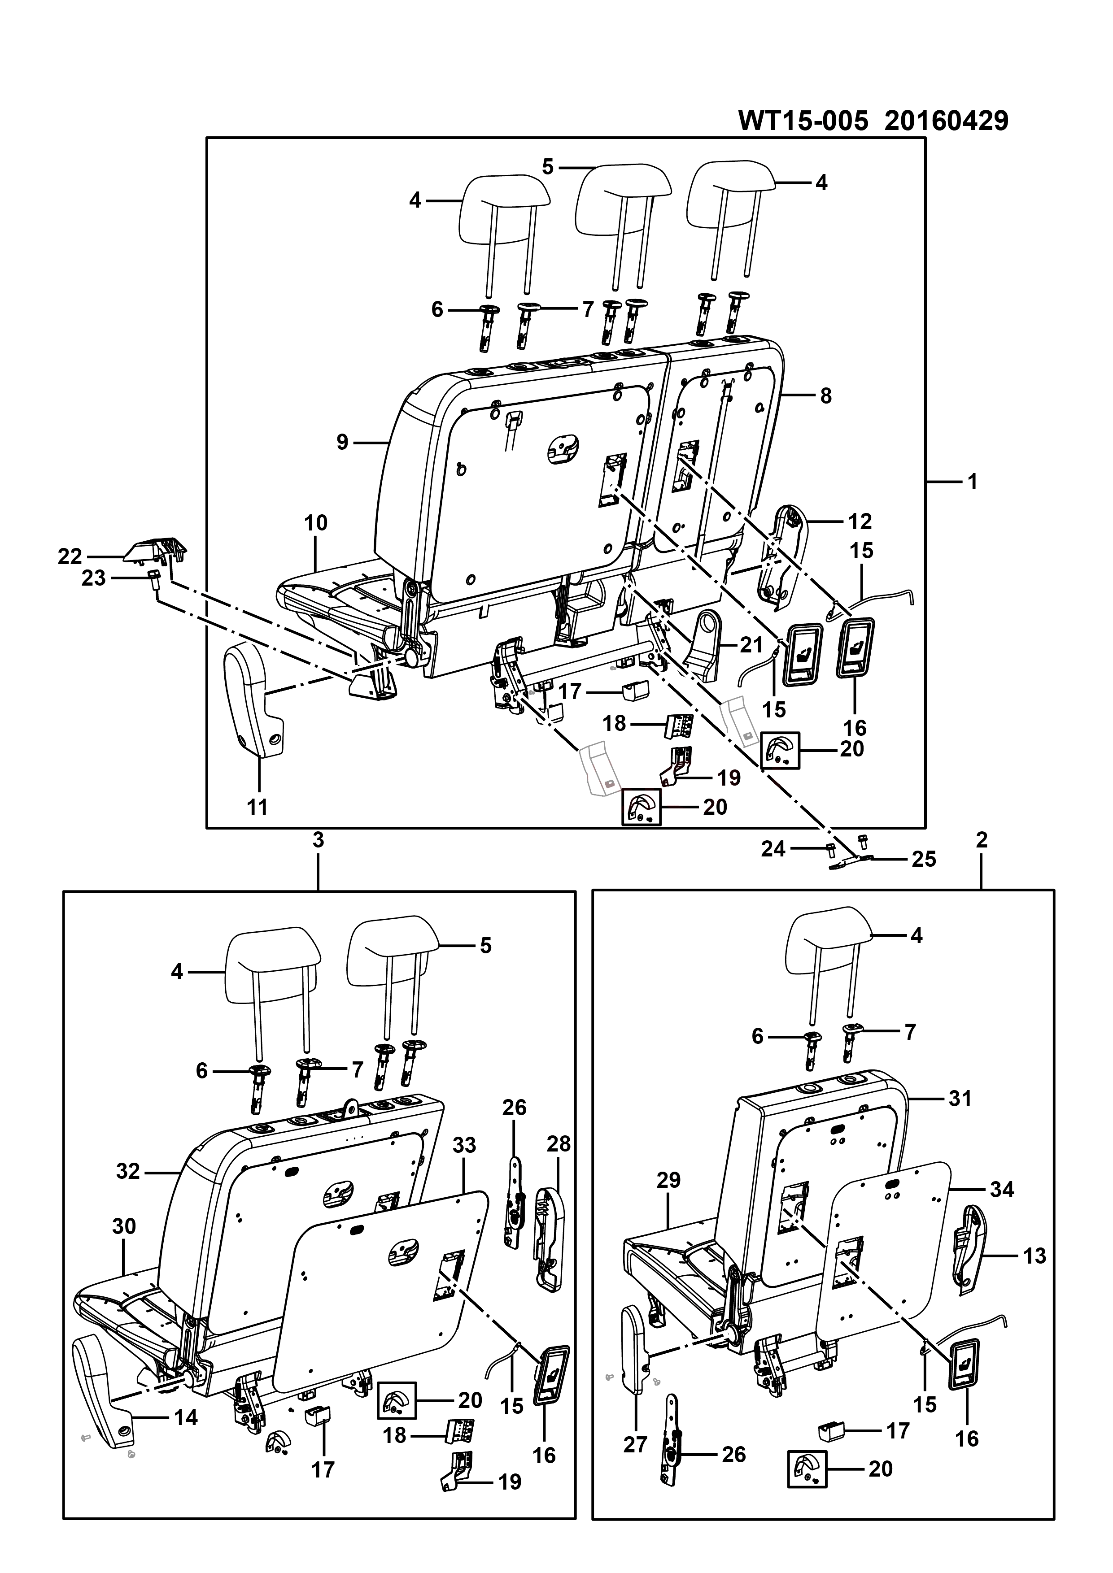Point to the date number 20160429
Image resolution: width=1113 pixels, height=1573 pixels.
(x=947, y=121)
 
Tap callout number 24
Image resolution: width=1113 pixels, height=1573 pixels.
(x=773, y=849)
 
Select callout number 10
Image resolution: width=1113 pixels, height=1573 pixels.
(x=316, y=523)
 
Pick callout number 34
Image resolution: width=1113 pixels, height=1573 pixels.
(x=1002, y=1189)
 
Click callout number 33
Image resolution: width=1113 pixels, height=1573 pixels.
(x=464, y=1145)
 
